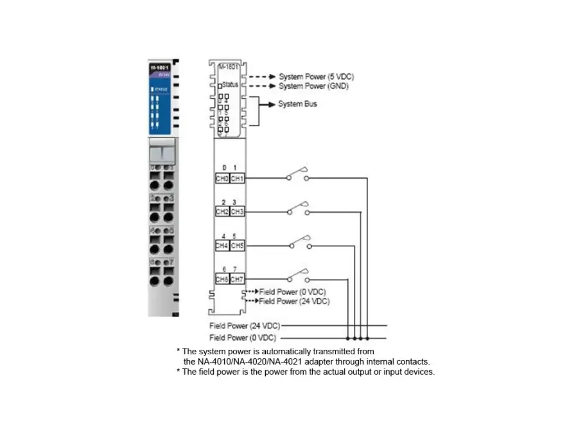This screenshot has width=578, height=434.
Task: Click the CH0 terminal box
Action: [x=222, y=179]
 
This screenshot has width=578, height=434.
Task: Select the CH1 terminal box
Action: [x=237, y=179]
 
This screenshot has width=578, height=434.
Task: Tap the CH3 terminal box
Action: [x=237, y=212]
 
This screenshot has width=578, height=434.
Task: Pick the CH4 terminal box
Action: [x=222, y=246]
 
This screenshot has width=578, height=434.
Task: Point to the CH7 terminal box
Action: [x=237, y=279]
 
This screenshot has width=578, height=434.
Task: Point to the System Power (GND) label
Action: [x=313, y=86]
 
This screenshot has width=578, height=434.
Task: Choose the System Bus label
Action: [x=297, y=104]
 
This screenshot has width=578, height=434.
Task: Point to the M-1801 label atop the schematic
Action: [x=227, y=66]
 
